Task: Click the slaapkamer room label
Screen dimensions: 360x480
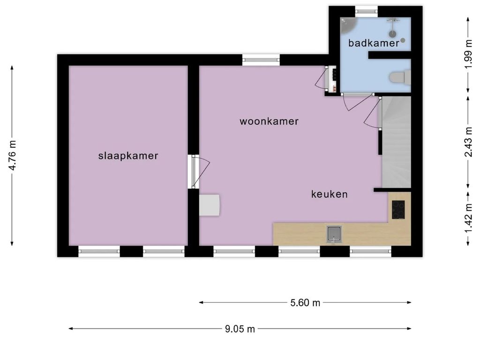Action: click(128, 156)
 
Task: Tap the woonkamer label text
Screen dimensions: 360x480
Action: click(269, 121)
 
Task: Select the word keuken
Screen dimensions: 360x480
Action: click(330, 194)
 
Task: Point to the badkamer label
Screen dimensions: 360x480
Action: click(374, 43)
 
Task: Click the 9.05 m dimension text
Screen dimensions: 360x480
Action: click(240, 329)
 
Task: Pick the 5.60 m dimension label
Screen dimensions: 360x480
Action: click(305, 303)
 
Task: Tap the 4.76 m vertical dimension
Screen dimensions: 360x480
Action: click(13, 155)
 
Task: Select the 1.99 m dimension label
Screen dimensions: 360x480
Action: click(467, 54)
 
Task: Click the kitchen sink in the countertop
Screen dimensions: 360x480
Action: click(334, 233)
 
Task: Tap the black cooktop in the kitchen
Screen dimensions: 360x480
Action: click(398, 210)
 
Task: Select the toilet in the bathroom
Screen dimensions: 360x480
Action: click(400, 77)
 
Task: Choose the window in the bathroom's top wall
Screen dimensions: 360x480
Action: click(366, 11)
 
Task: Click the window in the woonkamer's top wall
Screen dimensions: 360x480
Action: click(261, 60)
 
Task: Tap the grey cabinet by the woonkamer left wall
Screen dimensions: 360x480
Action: click(209, 205)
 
